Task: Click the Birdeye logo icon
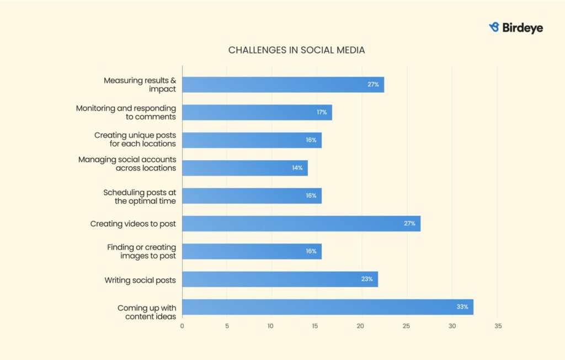pyautogui.click(x=494, y=27)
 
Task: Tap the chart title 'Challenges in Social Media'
pyautogui.click(x=296, y=50)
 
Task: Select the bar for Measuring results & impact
pyautogui.click(x=282, y=84)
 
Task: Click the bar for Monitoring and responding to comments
pyautogui.click(x=257, y=112)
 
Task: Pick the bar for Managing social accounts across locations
pyautogui.click(x=244, y=168)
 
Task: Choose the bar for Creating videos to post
pyautogui.click(x=301, y=224)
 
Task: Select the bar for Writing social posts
pyautogui.click(x=280, y=279)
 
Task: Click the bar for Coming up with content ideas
pyautogui.click(x=327, y=307)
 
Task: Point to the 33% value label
pyautogui.click(x=462, y=307)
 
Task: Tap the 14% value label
pyautogui.click(x=297, y=168)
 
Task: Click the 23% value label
pyautogui.click(x=367, y=279)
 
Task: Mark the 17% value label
pyautogui.click(x=322, y=112)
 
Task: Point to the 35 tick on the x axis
pyautogui.click(x=497, y=326)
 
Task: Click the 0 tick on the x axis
pyautogui.click(x=182, y=326)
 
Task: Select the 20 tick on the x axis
pyautogui.click(x=362, y=326)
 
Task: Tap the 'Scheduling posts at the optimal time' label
pyautogui.click(x=140, y=197)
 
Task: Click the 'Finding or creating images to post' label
pyautogui.click(x=141, y=251)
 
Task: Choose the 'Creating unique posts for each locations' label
pyautogui.click(x=135, y=139)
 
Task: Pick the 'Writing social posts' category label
pyautogui.click(x=140, y=280)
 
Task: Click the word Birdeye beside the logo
pyautogui.click(x=523, y=28)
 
